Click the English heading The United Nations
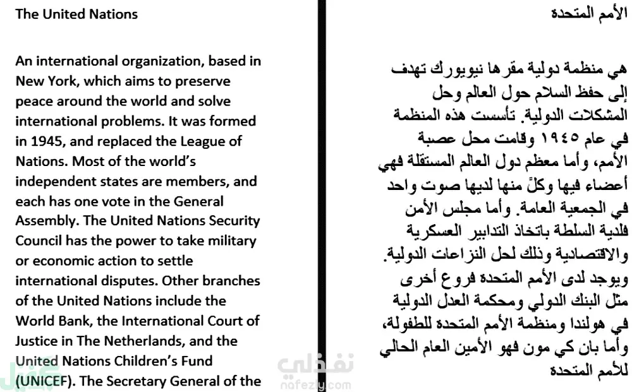(x=76, y=14)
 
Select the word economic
(x=61, y=261)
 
